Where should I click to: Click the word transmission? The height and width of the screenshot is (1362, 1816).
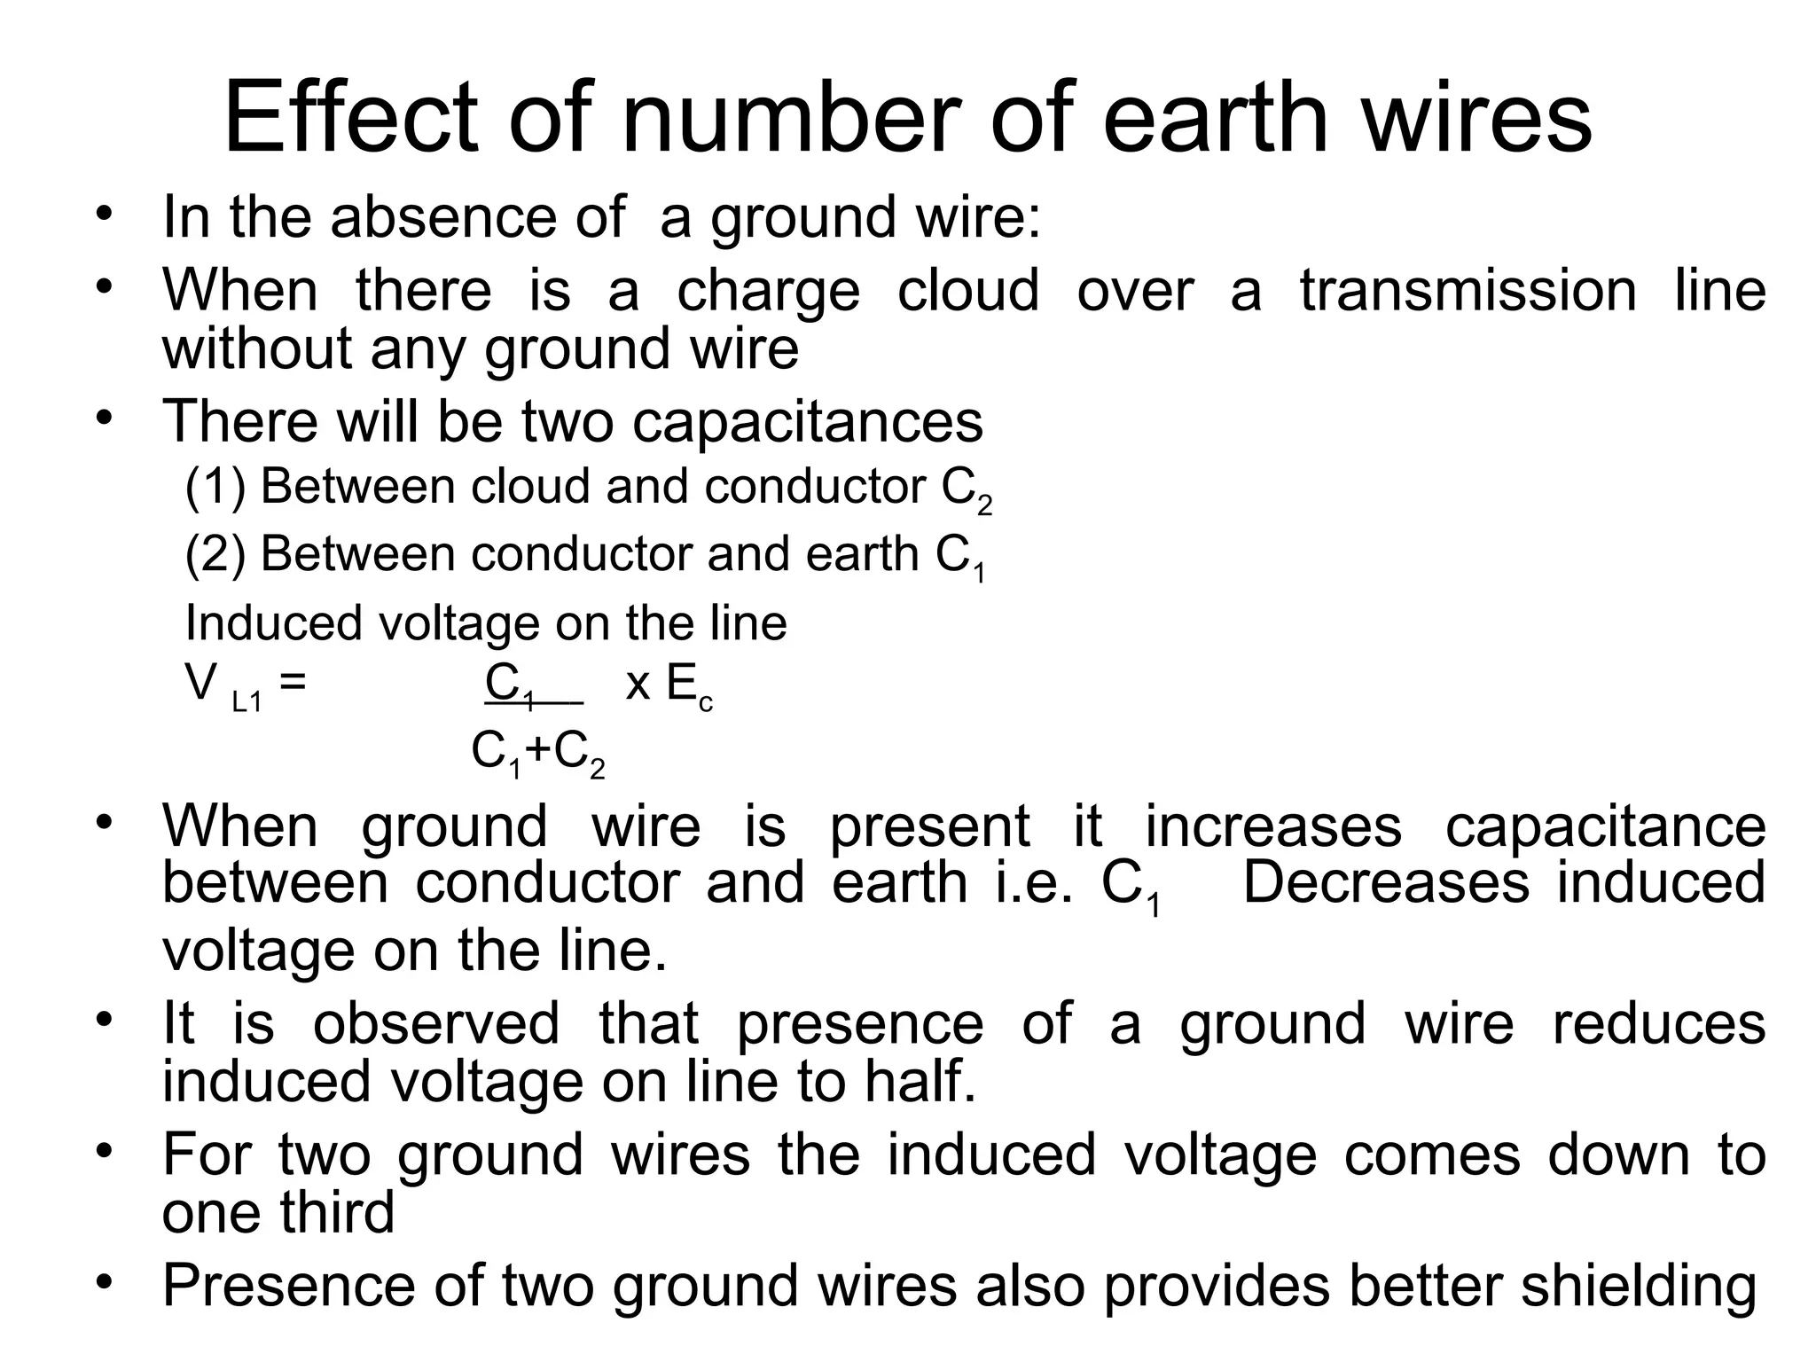[x=1468, y=291]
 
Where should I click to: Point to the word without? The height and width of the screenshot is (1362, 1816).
[x=256, y=348]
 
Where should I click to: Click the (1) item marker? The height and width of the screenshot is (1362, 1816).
[x=215, y=487]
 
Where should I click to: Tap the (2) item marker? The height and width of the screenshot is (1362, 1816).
[x=215, y=554]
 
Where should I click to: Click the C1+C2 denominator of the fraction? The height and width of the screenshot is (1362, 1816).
[x=538, y=753]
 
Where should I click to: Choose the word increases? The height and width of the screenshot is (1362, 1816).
[x=1272, y=826]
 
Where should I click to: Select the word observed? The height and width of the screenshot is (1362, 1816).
[x=436, y=1023]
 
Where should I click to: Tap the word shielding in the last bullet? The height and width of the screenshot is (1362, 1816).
[x=1639, y=1287]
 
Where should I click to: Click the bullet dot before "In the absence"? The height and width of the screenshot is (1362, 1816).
[x=105, y=215]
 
